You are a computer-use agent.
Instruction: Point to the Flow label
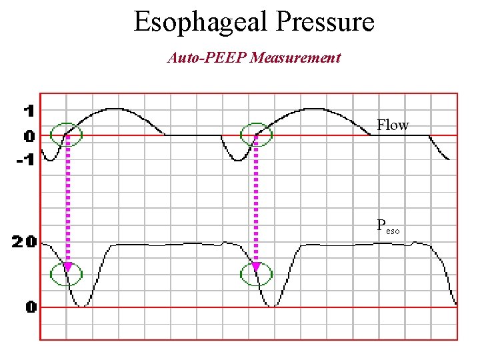coord(393,125)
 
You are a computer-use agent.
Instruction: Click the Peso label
coord(388,227)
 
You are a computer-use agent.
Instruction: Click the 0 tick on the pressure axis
coord(31,307)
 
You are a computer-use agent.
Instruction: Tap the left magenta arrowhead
coord(67,267)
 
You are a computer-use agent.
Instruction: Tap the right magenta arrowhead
coord(256,267)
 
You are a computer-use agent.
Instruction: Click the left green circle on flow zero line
coord(67,135)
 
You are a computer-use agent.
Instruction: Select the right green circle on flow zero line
coord(256,135)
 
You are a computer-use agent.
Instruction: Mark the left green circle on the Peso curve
coord(67,273)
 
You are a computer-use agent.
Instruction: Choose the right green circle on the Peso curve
coord(256,273)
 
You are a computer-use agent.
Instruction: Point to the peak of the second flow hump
coord(307,108)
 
